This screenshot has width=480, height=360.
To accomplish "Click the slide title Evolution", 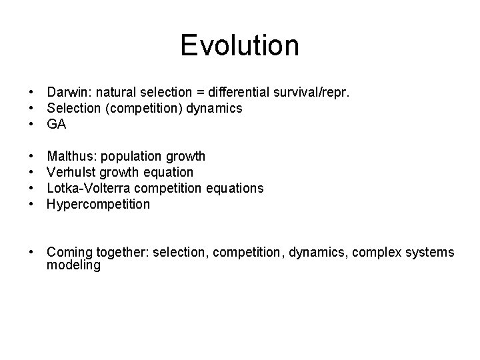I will [239, 46].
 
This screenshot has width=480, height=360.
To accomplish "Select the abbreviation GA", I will [56, 124].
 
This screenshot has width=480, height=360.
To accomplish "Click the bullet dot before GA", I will [31, 124].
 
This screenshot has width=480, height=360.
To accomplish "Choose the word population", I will [131, 157].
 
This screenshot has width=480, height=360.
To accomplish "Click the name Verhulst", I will [70, 173].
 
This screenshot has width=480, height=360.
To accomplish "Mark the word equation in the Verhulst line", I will [169, 173].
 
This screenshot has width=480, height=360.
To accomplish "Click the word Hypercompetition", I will [99, 205].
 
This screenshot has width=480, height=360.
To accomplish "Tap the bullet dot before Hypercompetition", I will [31, 205].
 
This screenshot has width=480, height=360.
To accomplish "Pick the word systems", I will [431, 253].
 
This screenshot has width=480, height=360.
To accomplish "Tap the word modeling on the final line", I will [73, 265].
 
